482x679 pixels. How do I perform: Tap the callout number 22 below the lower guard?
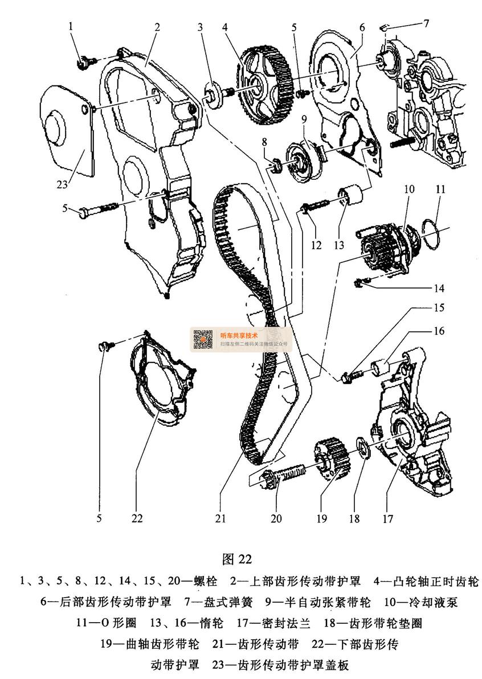(137, 518)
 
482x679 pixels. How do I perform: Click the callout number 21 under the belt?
(220, 518)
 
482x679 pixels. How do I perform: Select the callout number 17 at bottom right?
(388, 518)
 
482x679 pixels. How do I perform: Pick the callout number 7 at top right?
(426, 23)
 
